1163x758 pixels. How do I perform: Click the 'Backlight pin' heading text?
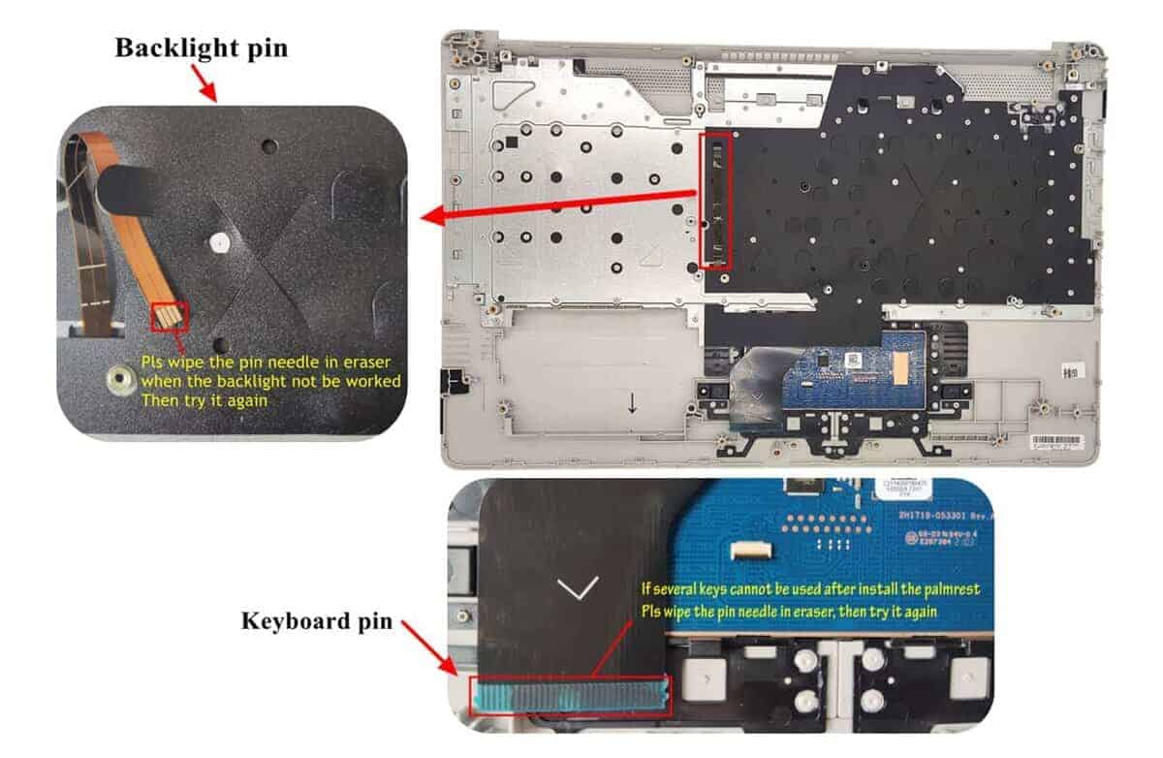[x=201, y=47]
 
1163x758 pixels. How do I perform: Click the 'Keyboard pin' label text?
[x=316, y=620]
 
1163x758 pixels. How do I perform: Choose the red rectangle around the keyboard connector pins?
[x=570, y=696]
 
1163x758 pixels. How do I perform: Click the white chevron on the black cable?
[x=579, y=587]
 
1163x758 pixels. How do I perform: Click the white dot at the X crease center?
[x=218, y=240]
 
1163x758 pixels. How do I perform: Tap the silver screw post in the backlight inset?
[x=121, y=376]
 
